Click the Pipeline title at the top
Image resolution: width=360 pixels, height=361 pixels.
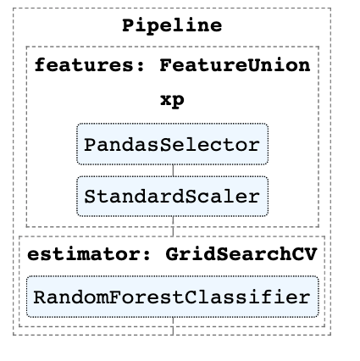coord(172,25)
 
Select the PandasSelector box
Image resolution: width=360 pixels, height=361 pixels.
coord(172,144)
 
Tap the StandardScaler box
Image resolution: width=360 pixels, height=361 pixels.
coord(172,197)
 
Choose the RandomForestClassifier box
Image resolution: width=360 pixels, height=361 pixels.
coord(173,297)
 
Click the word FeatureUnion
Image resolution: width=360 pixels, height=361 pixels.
coord(235,65)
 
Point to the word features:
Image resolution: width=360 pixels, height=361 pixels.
coord(89,65)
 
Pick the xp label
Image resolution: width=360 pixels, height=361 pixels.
coord(172,100)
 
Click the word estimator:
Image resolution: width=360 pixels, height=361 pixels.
coord(89,254)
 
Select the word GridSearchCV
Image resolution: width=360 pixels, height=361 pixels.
coord(241,254)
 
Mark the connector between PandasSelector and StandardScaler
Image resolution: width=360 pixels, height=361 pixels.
coord(173,170)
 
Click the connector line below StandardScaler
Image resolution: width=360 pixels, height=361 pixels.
coord(173,226)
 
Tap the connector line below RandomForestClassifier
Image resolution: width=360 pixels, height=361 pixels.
coord(173,326)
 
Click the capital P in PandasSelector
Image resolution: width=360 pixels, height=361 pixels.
coord(91,145)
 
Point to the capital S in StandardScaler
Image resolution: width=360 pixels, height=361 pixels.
coord(91,197)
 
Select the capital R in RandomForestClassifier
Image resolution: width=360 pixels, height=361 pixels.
coord(41,297)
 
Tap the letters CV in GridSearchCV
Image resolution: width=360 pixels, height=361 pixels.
coord(304,254)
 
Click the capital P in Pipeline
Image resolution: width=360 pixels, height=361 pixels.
coord(129,25)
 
